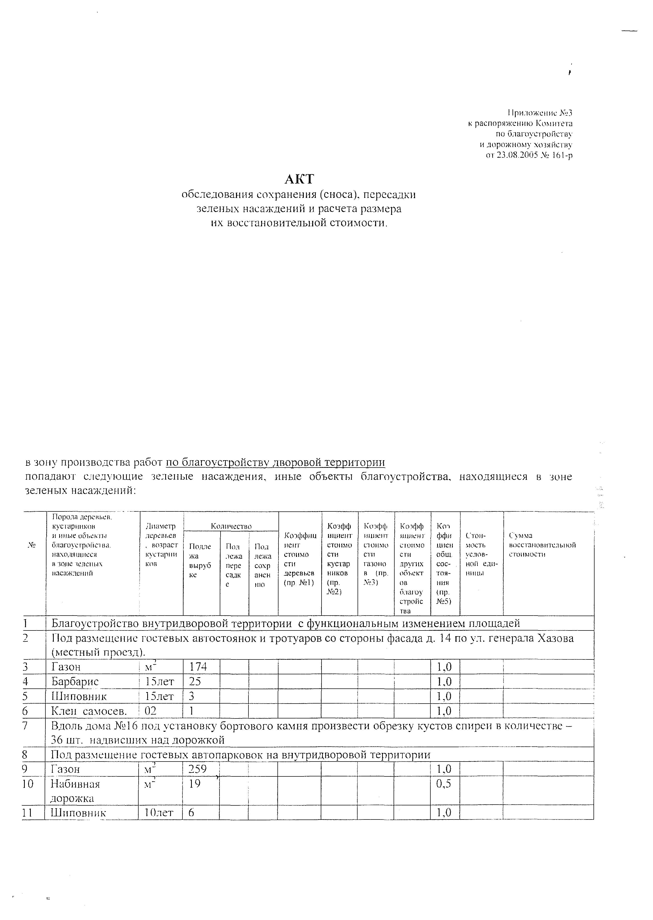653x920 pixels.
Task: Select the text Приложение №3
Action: [540, 113]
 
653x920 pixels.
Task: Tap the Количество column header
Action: [231, 526]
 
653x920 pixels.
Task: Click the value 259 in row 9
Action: [197, 769]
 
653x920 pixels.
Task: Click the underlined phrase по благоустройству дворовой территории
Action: [275, 463]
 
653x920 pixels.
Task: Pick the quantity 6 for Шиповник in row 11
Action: [191, 813]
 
